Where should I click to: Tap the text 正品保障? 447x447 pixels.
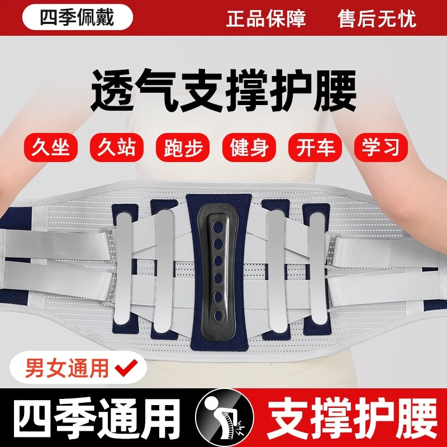pyautogui.click(x=266, y=18)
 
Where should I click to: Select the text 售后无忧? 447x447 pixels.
pyautogui.click(x=377, y=18)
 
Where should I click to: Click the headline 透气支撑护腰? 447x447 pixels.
pyautogui.click(x=223, y=93)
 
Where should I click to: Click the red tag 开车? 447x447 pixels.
pyautogui.click(x=315, y=147)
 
